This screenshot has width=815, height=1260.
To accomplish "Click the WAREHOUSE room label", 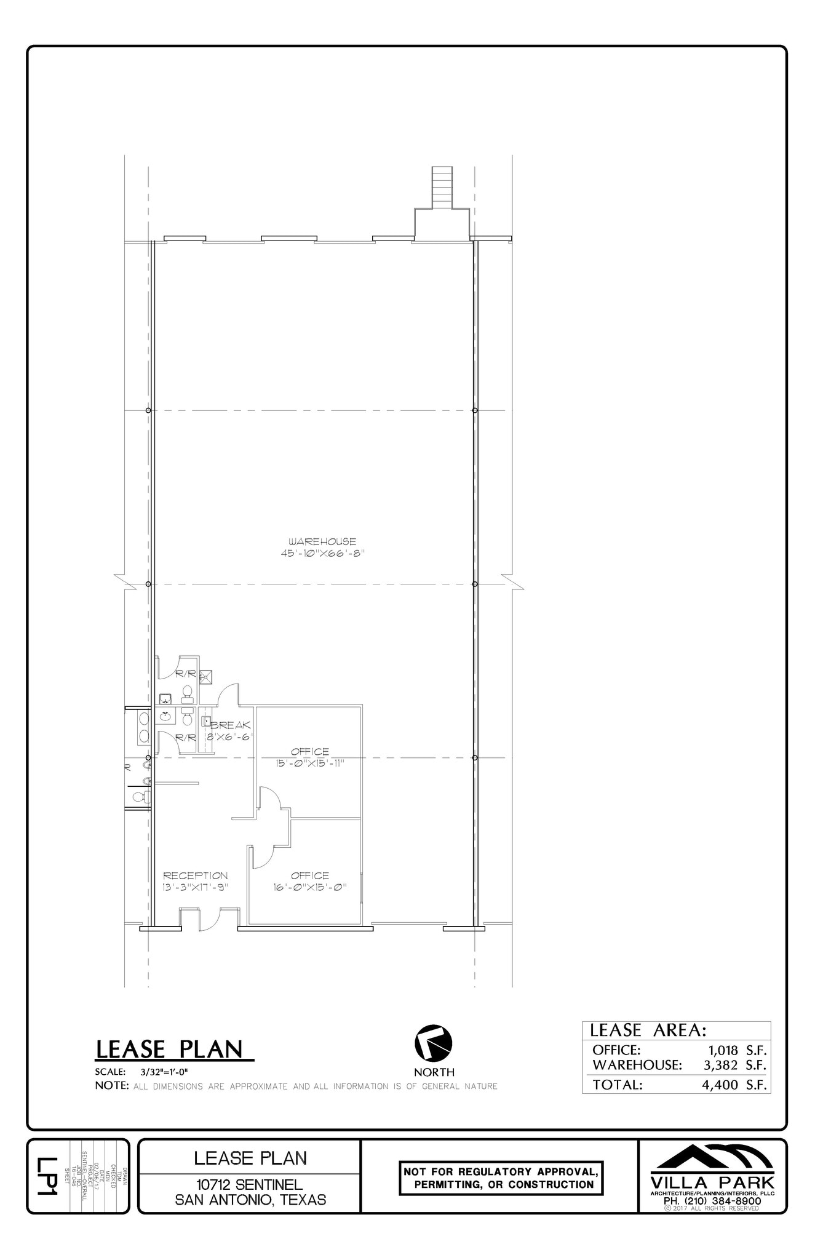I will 322,541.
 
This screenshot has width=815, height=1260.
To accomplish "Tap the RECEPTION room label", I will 195,875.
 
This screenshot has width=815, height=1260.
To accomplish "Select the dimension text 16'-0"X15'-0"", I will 310,887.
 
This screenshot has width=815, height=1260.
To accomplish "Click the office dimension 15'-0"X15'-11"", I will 309,763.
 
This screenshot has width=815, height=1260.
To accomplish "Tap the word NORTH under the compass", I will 434,1072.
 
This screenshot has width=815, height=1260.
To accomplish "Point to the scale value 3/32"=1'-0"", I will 164,1072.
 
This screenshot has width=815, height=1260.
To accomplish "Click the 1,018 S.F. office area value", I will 734,1050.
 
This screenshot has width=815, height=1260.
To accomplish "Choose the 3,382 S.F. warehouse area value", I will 734,1064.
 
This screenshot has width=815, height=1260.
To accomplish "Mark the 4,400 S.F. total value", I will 734,1085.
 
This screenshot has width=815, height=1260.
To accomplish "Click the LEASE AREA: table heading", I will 648,1030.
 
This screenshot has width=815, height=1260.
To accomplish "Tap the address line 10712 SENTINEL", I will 249,1184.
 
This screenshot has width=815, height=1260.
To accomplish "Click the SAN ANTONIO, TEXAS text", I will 250,1199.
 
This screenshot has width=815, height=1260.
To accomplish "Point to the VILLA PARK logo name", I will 712,1182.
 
